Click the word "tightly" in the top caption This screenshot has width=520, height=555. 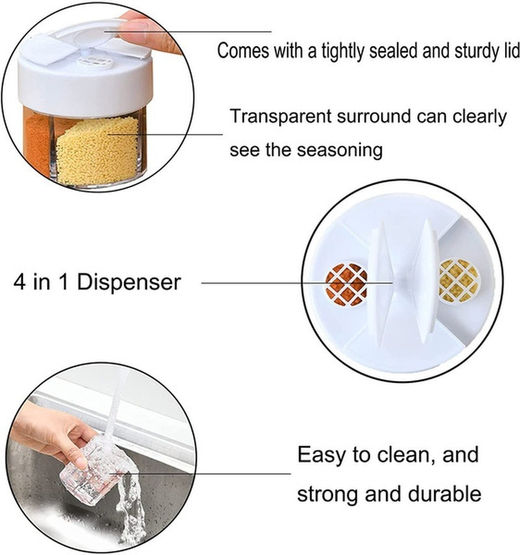point(343,51)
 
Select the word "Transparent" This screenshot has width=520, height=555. point(281,116)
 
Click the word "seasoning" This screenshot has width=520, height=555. point(339,149)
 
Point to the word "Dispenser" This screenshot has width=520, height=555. point(129,283)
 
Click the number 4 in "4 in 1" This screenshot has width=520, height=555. point(19,283)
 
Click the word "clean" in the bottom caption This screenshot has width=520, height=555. point(404,454)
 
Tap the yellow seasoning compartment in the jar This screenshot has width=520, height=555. point(97,151)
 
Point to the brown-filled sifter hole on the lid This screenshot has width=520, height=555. point(346,284)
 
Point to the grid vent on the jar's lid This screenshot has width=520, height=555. point(94,61)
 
